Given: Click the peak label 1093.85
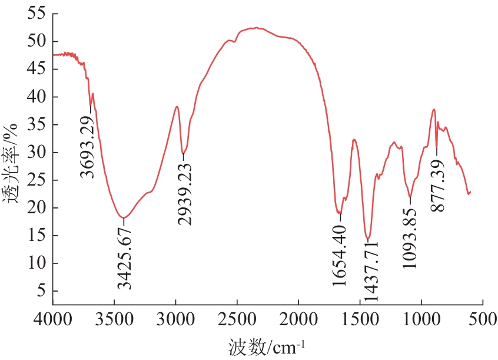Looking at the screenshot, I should pyautogui.click(x=410, y=235).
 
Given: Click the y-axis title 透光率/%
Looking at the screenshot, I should pyautogui.click(x=12, y=163).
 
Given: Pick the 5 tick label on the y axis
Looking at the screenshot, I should pyautogui.click(x=40, y=291).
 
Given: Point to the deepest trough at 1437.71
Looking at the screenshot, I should pyautogui.click(x=368, y=238).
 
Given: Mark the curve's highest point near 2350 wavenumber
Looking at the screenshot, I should pyautogui.click(x=255, y=28).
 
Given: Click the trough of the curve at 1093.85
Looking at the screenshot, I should pyautogui.click(x=410, y=197).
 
